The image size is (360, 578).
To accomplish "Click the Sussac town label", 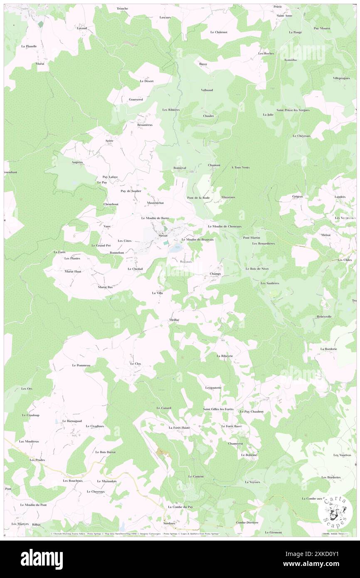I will (x=163, y=235).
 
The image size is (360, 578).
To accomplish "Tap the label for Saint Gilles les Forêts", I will (x=218, y=409).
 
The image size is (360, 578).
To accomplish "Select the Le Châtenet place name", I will (x=218, y=32).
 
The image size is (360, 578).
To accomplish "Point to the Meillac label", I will (x=174, y=319).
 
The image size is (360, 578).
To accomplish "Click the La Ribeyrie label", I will (x=225, y=356).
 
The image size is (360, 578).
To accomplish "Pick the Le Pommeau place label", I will (x=81, y=366).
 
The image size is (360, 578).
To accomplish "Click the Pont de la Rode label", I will (x=198, y=198).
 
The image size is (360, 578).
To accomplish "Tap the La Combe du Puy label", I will (x=180, y=507).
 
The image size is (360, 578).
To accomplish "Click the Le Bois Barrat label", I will (x=105, y=452).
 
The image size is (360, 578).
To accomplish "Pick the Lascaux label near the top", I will (x=165, y=17).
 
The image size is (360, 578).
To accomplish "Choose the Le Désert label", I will (x=147, y=81).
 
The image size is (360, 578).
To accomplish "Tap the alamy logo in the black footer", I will (x=42, y=559).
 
